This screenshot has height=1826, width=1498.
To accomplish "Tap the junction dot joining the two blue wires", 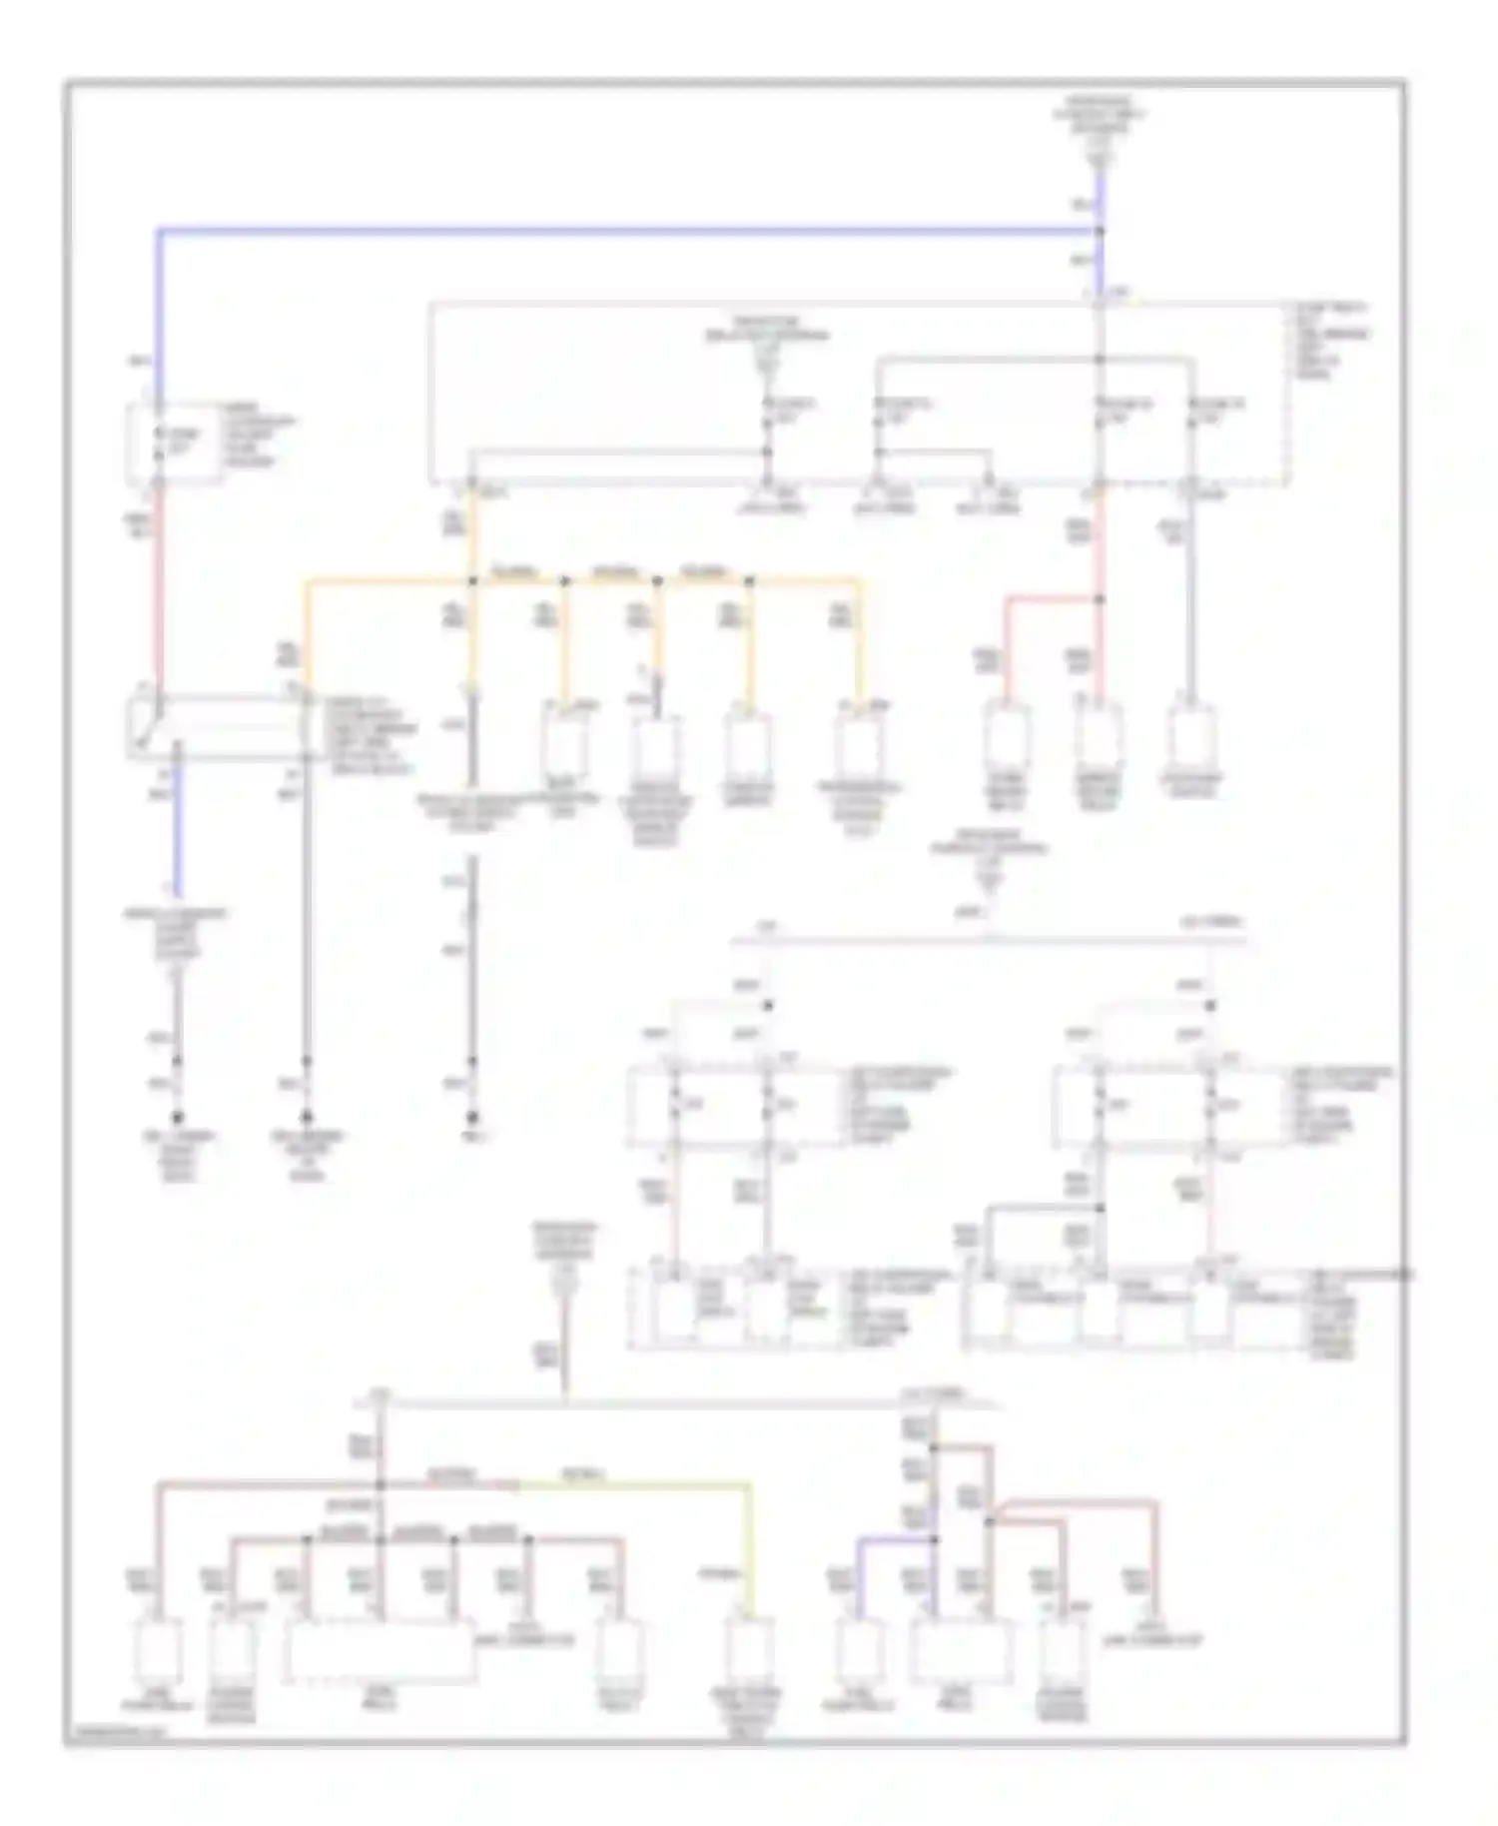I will click(1100, 232).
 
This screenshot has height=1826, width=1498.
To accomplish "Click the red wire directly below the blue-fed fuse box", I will click(158, 589).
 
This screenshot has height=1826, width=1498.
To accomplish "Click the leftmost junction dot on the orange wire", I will click(472, 580).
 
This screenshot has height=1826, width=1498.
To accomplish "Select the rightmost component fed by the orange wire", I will click(860, 744).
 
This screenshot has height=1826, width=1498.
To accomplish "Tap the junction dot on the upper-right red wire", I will click(1100, 599).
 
